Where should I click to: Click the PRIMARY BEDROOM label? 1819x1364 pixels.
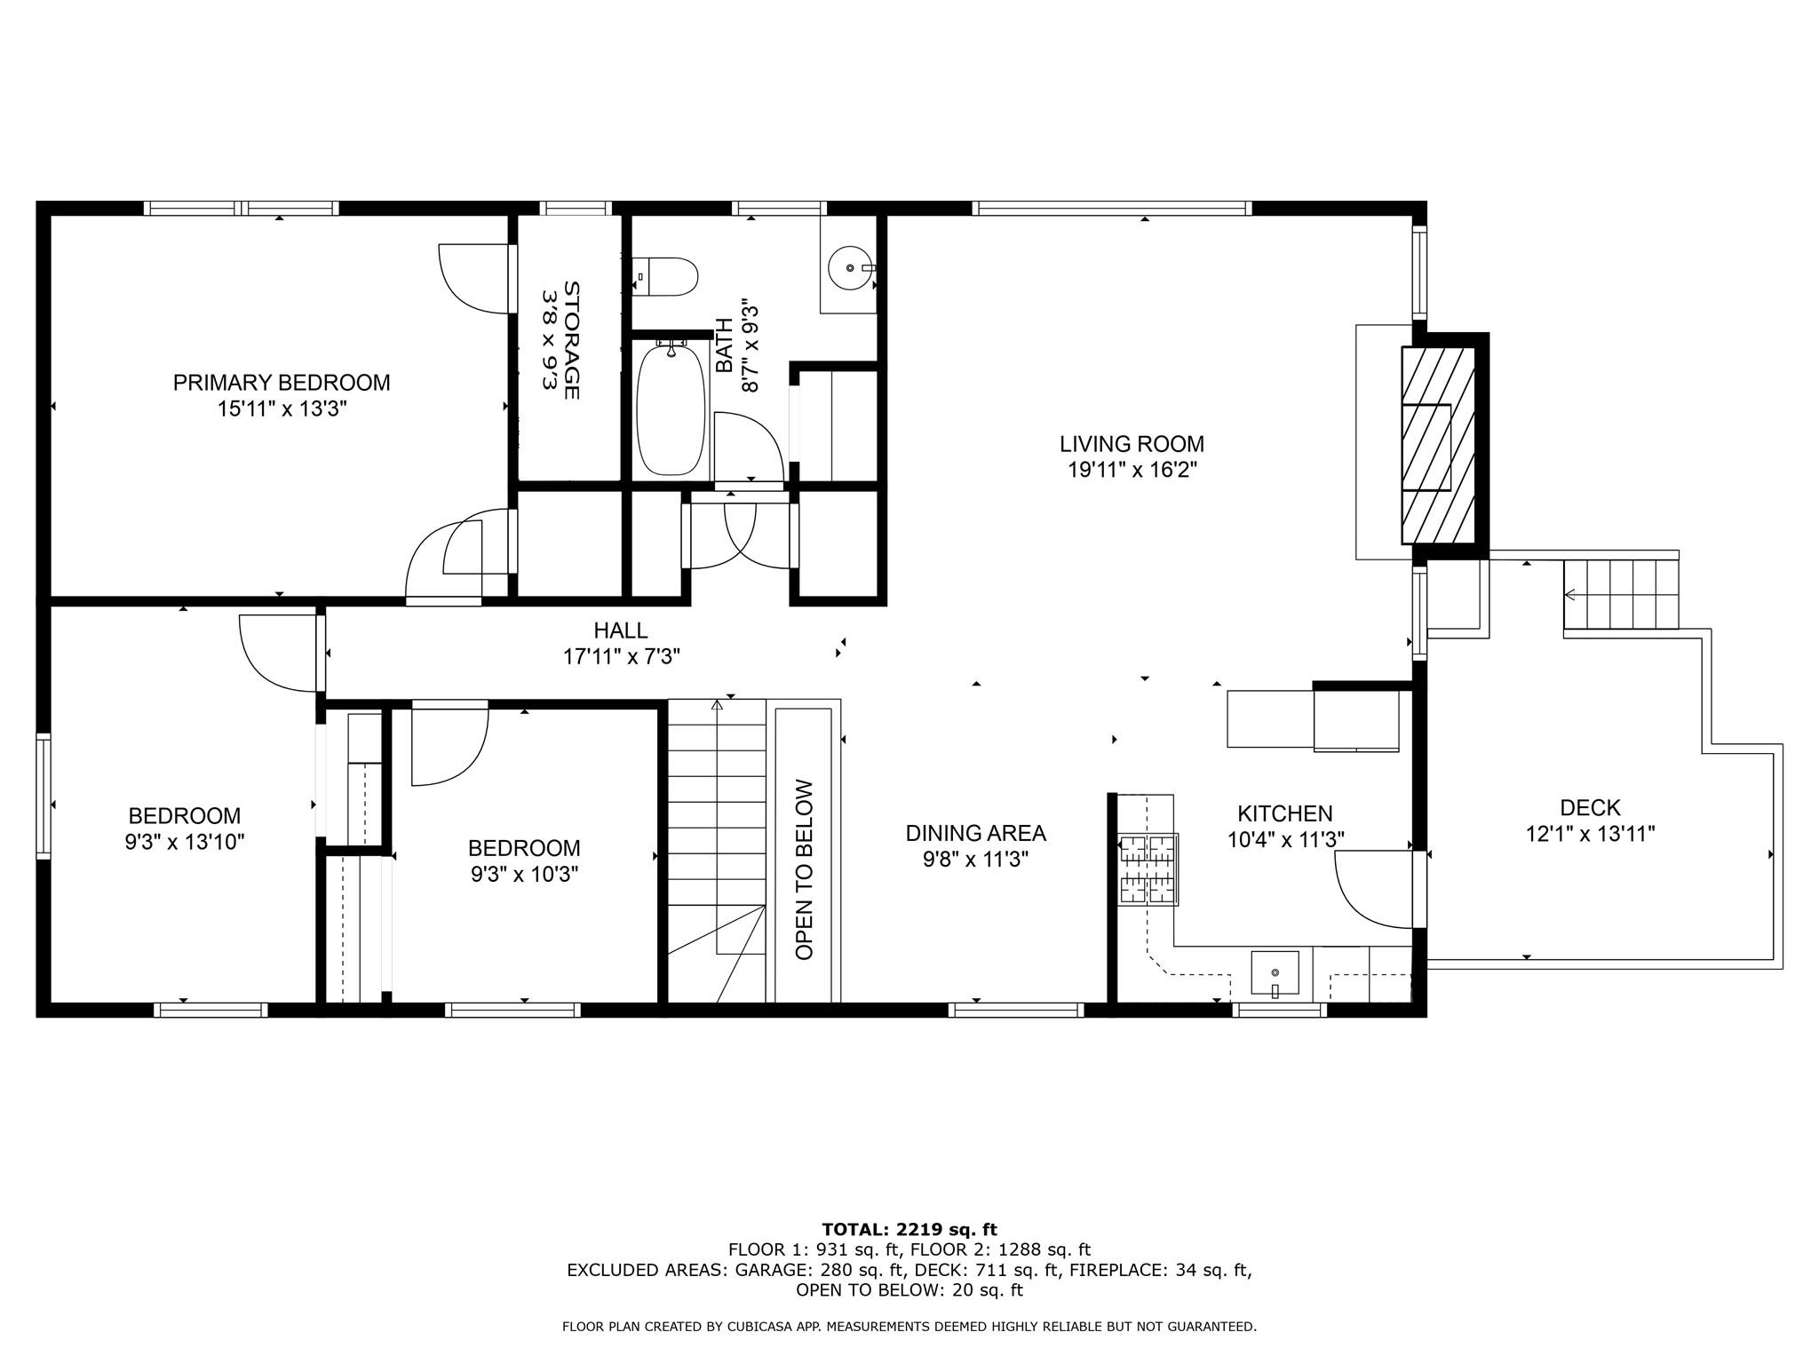tap(282, 383)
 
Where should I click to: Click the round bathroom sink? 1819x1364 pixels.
tap(850, 266)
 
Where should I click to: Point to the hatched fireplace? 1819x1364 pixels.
tap(1438, 445)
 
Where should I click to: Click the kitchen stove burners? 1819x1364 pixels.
tap(1148, 869)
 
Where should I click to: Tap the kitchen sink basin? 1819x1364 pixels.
tap(1275, 972)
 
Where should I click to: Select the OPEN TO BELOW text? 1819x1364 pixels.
tap(805, 869)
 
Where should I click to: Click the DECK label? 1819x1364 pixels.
tap(1590, 808)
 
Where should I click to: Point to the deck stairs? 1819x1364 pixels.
tap(1621, 594)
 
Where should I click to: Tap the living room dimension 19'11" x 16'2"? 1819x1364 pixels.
tap(1132, 470)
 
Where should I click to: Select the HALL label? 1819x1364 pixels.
tap(621, 630)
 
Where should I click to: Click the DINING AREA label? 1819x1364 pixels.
tap(976, 833)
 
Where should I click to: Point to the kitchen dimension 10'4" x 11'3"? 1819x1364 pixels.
tap(1286, 839)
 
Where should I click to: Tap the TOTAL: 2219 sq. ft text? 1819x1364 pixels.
tap(909, 1230)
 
